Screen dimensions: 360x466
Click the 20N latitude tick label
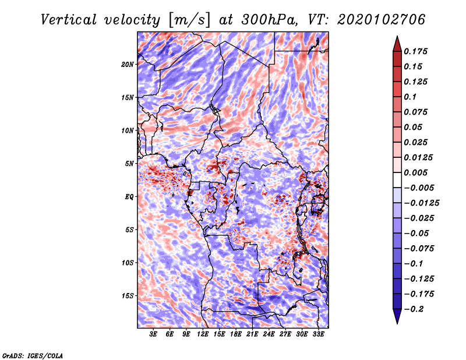[x=128, y=64]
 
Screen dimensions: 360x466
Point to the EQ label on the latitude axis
[x=129, y=197]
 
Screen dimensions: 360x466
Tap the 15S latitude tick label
[x=128, y=296]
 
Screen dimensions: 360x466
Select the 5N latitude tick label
[x=129, y=164]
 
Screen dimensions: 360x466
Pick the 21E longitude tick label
[x=252, y=334]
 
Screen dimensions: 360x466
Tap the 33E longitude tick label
[x=318, y=334]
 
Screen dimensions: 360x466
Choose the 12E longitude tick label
[x=203, y=334]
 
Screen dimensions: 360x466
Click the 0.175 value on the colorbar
[x=417, y=51]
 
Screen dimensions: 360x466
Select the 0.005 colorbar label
[x=417, y=172]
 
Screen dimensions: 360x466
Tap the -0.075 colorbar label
[x=419, y=248]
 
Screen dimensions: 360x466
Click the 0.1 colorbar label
[x=412, y=97]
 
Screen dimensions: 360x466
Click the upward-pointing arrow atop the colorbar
[x=396, y=43]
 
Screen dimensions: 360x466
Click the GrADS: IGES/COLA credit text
[x=32, y=355]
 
